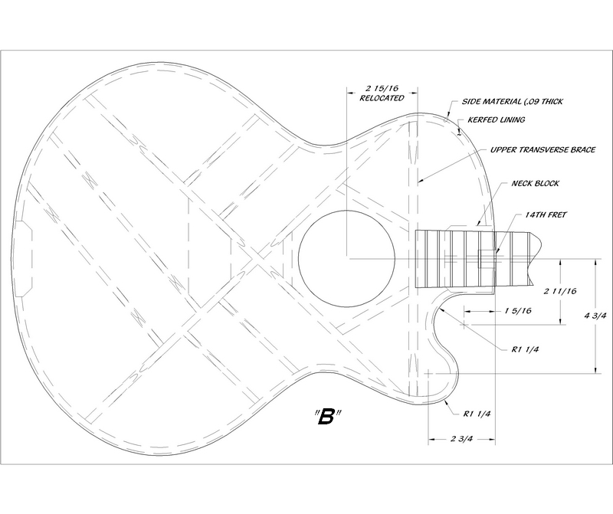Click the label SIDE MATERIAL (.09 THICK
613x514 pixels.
pos(512,102)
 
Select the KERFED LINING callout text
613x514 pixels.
pos(496,119)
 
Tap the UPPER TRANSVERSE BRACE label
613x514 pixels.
pos(543,149)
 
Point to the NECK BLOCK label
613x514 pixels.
pos(535,183)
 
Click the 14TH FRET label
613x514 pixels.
pos(546,214)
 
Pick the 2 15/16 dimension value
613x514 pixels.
pos(382,88)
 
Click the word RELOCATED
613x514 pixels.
pos(382,98)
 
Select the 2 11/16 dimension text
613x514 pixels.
pos(560,291)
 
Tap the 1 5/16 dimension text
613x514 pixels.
pos(518,311)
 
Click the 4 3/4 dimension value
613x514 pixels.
pos(595,316)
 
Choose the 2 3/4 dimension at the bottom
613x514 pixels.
pos(462,439)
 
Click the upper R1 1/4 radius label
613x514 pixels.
pos(525,349)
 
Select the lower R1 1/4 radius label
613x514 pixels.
pos(477,414)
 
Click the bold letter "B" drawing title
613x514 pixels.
pos(326,417)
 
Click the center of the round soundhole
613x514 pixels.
pos(346,258)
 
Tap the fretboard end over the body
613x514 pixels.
pos(415,259)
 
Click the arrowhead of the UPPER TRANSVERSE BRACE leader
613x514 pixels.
pos(419,182)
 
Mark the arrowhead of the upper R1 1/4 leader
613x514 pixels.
pos(441,309)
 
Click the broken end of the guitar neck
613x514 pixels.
pos(536,259)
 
